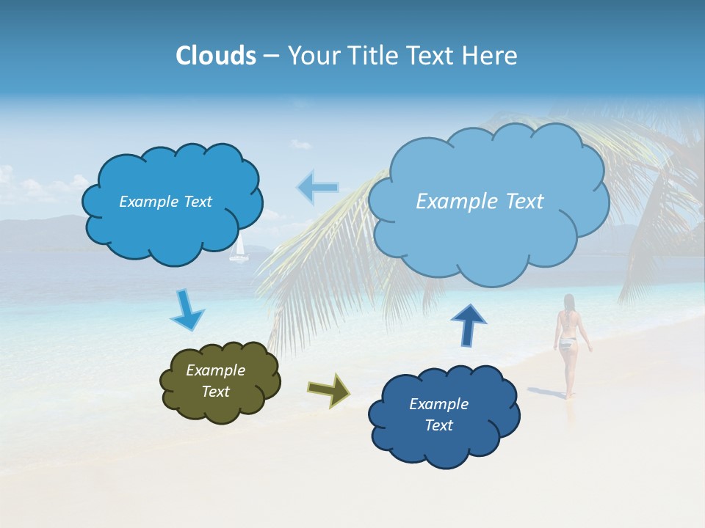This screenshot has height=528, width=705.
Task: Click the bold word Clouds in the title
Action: click(x=216, y=56)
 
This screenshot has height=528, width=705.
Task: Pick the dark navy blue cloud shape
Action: click(x=444, y=447)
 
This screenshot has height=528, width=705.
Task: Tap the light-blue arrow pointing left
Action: click(x=317, y=188)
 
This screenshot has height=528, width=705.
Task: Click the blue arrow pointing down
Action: click(x=187, y=311)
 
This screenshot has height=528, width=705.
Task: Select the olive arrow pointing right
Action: click(x=329, y=389)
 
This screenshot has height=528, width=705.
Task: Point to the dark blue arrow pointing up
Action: click(x=468, y=324)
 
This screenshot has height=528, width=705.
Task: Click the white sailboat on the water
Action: click(x=238, y=251)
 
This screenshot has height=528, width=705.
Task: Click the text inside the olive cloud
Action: click(x=215, y=381)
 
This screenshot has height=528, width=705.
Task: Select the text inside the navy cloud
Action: click(x=438, y=414)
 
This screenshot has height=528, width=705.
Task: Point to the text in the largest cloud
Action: click(x=480, y=202)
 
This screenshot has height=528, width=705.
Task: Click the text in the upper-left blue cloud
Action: click(x=165, y=202)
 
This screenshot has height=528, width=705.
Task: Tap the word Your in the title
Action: click(x=314, y=56)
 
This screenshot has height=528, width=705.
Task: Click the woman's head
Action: click(x=568, y=301)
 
